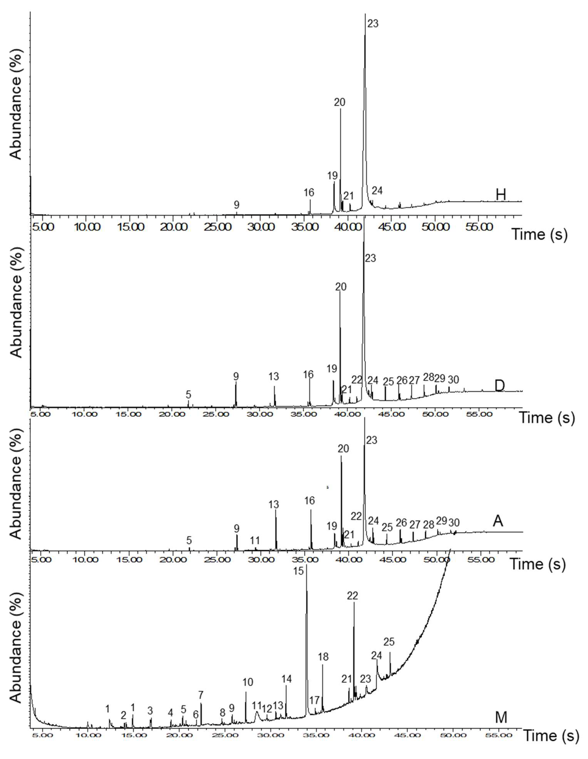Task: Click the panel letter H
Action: pos(500,195)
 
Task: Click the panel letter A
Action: pos(498,521)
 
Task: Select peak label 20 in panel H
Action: pos(340,102)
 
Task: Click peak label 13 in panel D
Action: pos(274,376)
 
